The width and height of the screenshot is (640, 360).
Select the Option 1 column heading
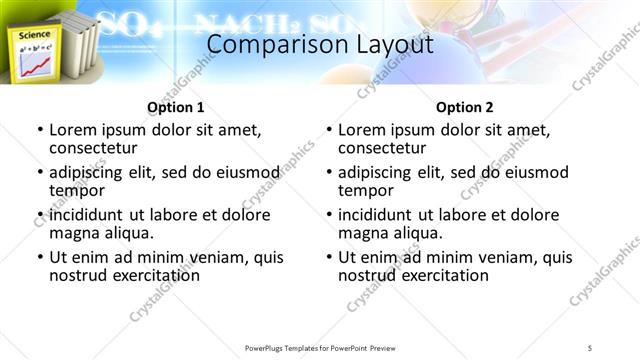coord(175,107)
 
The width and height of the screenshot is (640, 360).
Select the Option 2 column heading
coord(465,107)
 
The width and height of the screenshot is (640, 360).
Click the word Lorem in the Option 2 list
coord(362,129)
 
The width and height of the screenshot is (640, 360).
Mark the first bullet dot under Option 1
coord(40,130)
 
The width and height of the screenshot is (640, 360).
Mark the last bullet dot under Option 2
coord(329,258)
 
